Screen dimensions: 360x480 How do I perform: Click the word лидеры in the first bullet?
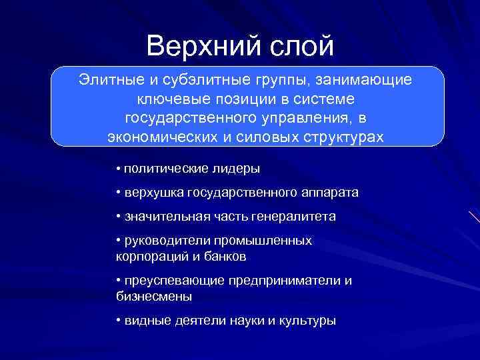click(236, 168)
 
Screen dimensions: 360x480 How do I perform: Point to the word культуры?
click(310, 321)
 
